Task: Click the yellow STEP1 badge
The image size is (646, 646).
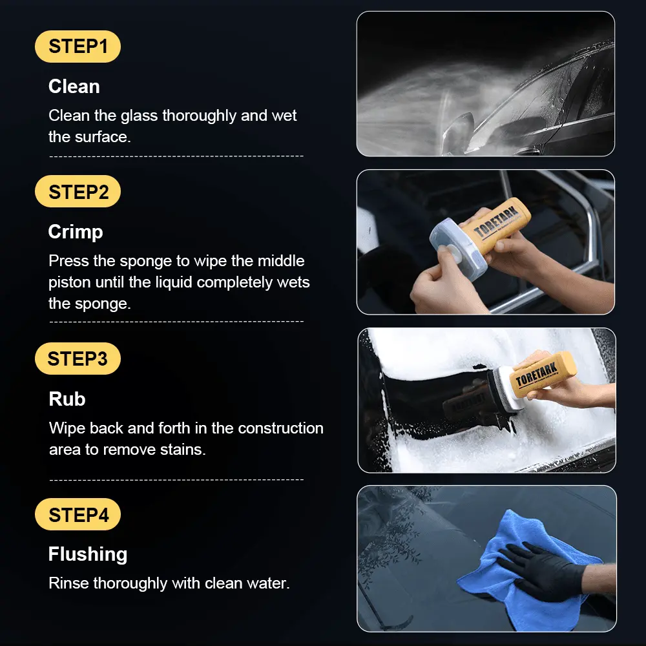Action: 78,46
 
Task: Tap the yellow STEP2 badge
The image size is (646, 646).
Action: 78,192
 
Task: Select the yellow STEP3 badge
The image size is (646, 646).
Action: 78,359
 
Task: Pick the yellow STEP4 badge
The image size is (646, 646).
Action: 78,514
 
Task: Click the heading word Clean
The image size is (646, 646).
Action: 74,87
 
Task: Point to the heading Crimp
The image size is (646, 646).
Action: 76,232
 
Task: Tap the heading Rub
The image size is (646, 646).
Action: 67,399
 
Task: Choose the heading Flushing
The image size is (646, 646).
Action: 88,554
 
